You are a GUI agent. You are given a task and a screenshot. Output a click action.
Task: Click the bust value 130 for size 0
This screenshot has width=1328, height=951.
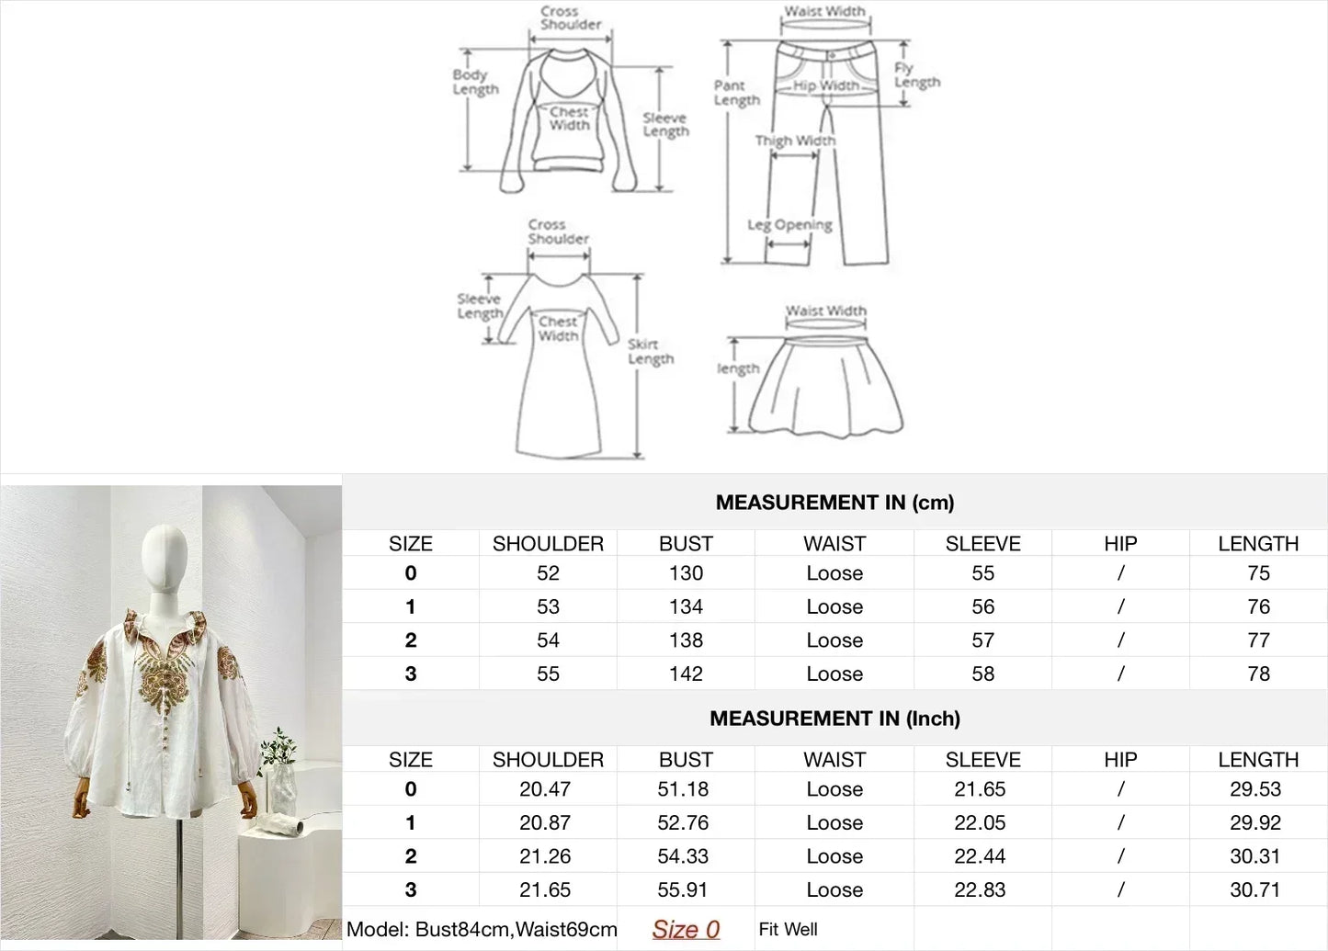[686, 573]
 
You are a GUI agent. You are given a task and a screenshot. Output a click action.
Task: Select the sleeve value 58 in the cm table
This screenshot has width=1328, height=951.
[982, 674]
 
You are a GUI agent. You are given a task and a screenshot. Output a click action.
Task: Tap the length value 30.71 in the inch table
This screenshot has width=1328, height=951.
[1255, 889]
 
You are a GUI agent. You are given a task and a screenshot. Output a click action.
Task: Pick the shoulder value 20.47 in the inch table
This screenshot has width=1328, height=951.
[545, 789]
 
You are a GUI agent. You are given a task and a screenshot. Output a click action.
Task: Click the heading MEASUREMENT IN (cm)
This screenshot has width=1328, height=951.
[834, 503]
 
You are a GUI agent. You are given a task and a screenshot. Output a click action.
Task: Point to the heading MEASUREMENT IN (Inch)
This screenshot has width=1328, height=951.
[834, 719]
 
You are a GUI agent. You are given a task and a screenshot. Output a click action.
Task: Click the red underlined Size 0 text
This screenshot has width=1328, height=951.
[686, 930]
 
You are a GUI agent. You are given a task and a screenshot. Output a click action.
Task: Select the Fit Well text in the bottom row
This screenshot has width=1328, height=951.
[788, 930]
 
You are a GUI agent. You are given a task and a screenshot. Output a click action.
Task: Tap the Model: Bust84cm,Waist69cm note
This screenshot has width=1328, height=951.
[482, 930]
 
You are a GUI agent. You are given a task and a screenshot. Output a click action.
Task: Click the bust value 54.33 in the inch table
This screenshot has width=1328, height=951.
[683, 856]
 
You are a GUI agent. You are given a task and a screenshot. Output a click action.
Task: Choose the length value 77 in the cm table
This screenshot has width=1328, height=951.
[1258, 640]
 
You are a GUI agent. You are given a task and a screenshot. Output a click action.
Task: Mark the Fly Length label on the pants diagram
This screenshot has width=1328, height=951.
[916, 74]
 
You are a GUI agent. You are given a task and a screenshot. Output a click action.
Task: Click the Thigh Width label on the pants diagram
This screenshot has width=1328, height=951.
[795, 141]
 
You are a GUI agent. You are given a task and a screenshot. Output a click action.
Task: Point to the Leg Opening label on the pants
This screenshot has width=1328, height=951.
[789, 225]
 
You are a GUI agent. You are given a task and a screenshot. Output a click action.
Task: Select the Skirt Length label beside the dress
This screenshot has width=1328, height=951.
[651, 351]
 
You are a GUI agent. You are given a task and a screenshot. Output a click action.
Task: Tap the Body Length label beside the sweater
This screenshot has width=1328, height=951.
[475, 82]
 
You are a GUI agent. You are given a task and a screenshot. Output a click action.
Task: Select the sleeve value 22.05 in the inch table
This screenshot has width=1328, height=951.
[980, 822]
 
